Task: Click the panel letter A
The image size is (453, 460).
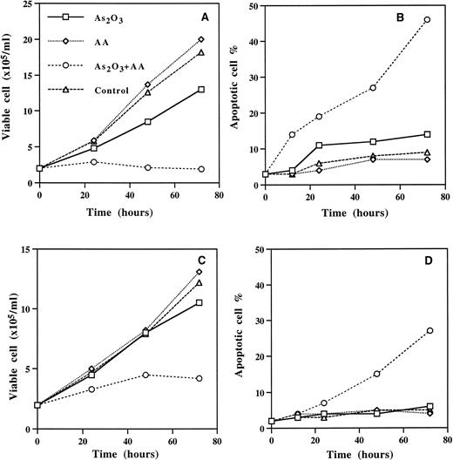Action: coord(202,17)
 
